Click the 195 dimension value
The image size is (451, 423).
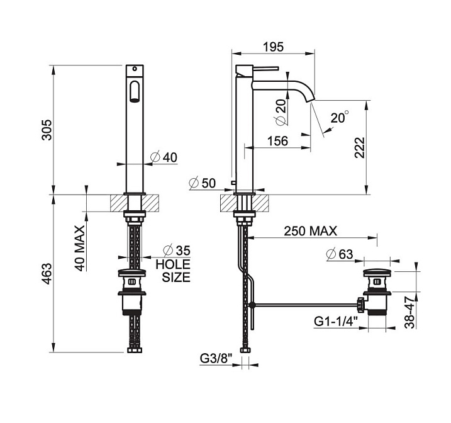273,47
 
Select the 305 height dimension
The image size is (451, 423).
47,130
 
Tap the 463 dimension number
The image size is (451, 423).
47,274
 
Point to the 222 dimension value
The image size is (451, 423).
360,148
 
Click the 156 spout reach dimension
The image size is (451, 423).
277,141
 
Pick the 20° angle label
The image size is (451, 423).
340,118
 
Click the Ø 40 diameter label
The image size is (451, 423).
164,157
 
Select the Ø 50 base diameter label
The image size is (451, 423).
203,183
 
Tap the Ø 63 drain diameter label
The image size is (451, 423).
340,254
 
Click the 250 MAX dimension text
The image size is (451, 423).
310,231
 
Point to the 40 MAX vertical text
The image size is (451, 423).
81,249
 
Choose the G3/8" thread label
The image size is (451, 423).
216,359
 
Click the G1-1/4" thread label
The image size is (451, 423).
336,321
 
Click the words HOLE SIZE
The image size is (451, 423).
173,271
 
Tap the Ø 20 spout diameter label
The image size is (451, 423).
282,112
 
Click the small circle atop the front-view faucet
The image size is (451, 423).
135,69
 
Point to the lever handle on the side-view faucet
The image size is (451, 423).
265,69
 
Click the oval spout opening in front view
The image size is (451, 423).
135,91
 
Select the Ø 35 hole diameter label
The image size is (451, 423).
177,251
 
